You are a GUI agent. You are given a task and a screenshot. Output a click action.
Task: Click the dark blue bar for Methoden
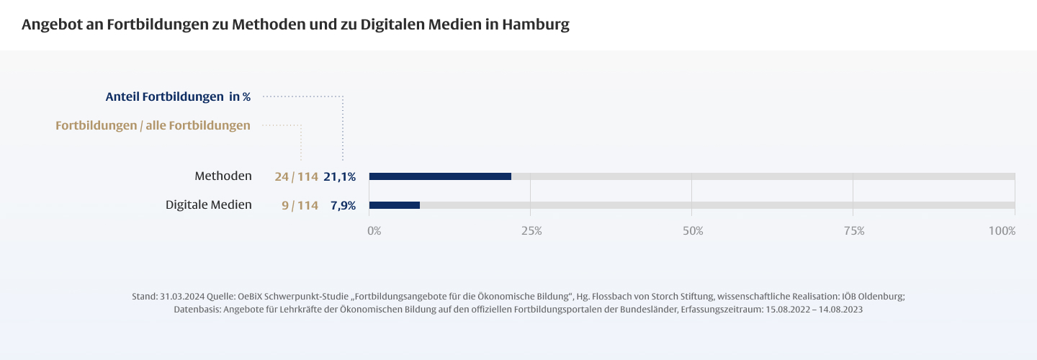click(440, 176)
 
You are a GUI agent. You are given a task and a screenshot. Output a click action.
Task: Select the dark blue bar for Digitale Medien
click(395, 205)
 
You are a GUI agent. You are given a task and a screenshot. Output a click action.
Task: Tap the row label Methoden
click(223, 176)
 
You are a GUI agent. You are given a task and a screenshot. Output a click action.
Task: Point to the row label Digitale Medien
click(209, 204)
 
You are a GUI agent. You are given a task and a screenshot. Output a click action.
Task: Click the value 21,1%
click(339, 176)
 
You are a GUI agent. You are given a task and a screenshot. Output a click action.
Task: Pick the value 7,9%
click(343, 205)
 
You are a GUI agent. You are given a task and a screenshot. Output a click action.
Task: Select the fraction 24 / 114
click(296, 176)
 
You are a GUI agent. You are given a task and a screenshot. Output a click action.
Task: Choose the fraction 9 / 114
click(300, 205)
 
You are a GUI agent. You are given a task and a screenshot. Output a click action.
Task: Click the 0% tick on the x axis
click(374, 231)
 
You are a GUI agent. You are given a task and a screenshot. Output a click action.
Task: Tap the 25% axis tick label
click(531, 231)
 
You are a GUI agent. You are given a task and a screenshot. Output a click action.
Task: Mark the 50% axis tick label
click(693, 231)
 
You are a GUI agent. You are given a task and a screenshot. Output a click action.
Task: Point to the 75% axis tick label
click(854, 231)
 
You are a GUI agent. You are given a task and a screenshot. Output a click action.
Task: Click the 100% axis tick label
click(1002, 231)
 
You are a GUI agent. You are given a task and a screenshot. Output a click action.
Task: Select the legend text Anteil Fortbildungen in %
click(178, 96)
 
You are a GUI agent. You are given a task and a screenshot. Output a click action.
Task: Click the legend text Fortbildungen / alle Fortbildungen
click(153, 125)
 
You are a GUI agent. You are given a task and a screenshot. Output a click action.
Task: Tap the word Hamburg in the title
click(536, 24)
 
